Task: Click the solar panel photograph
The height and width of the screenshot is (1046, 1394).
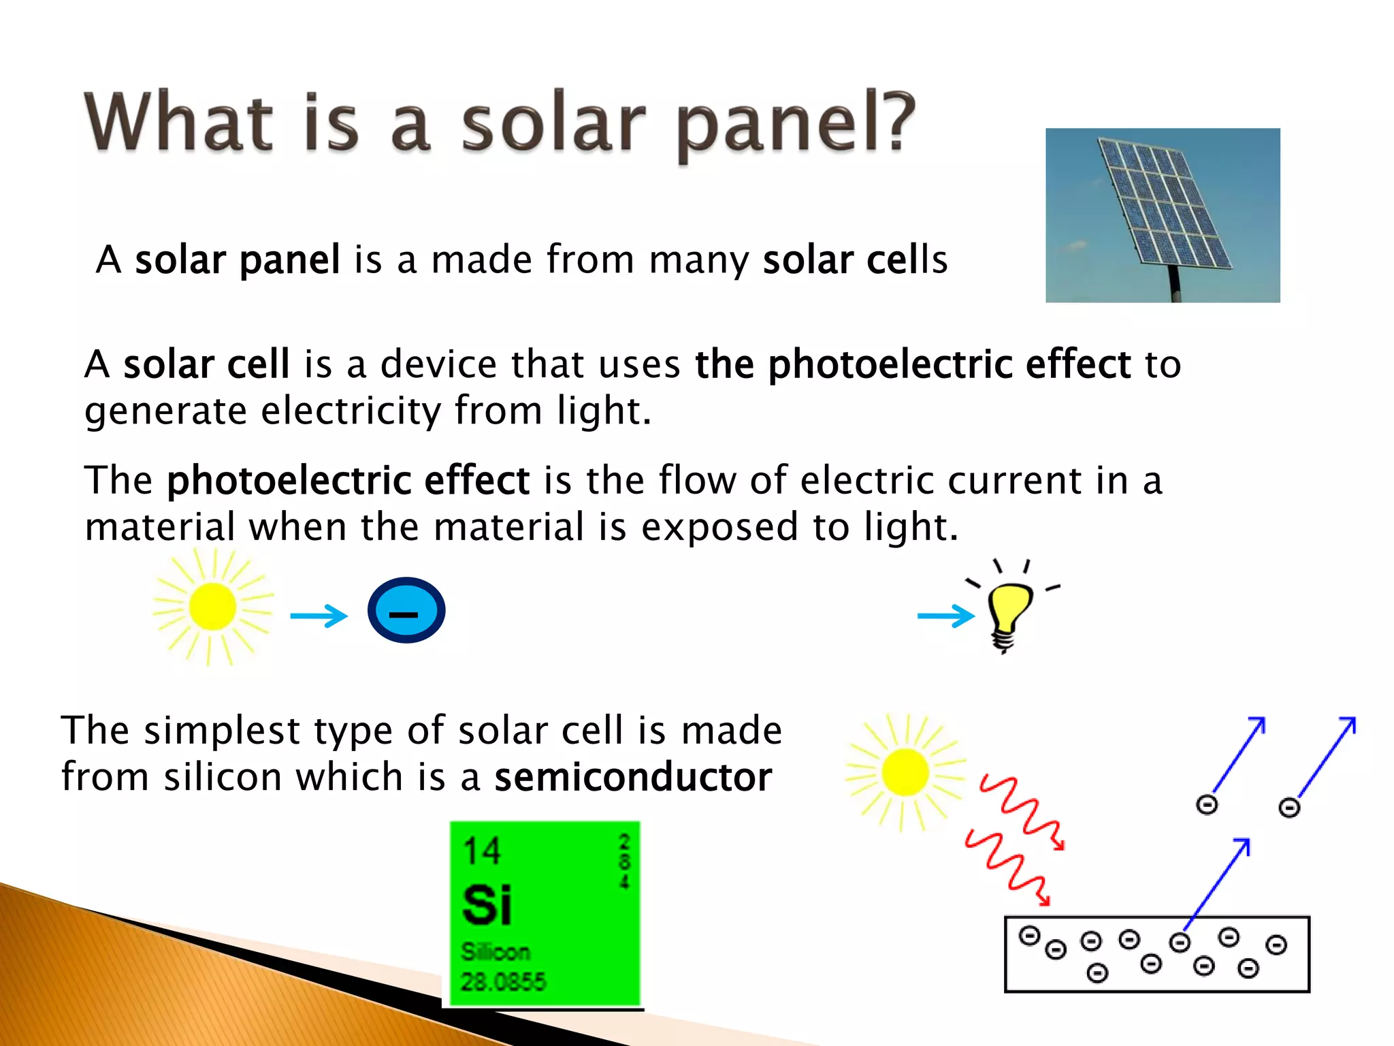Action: pyautogui.click(x=1163, y=215)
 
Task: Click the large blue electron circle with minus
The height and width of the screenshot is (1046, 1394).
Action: pyautogui.click(x=406, y=610)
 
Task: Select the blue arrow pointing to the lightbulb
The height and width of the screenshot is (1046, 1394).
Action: pyautogui.click(x=945, y=616)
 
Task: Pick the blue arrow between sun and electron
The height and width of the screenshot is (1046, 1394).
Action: pyautogui.click(x=319, y=616)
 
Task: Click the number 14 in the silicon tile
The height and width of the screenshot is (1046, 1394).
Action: pyautogui.click(x=481, y=851)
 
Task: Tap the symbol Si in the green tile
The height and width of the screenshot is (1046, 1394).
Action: pyautogui.click(x=486, y=905)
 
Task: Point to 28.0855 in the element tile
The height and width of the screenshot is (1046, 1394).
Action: pyautogui.click(x=503, y=981)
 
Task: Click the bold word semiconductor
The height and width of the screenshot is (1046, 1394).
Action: pyautogui.click(x=633, y=777)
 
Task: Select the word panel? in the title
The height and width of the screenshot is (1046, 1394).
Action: pyautogui.click(x=795, y=124)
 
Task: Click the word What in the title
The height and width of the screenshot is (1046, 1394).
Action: pyautogui.click(x=178, y=123)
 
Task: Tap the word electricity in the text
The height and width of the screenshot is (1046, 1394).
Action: pyautogui.click(x=351, y=411)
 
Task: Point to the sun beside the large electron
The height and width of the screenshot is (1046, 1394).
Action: pyautogui.click(x=212, y=607)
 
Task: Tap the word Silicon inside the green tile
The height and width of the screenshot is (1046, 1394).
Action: pyautogui.click(x=495, y=951)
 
